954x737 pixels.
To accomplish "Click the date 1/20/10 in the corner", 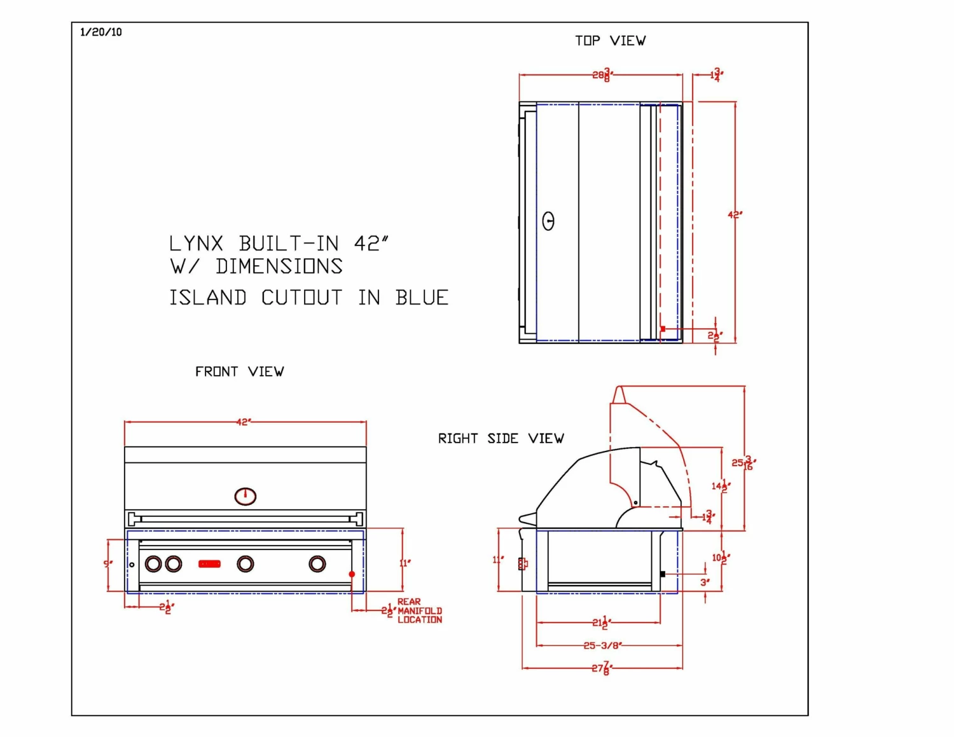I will (x=101, y=32).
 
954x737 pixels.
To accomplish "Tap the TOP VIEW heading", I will (x=610, y=41).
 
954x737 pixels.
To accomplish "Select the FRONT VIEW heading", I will (x=239, y=371).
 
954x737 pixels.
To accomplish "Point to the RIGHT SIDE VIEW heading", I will (x=501, y=438).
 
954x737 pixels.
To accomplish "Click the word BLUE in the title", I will (x=422, y=298).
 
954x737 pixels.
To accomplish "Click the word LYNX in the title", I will (x=196, y=244).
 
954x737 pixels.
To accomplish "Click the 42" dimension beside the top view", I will (x=735, y=215).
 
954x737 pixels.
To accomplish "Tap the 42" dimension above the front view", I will (x=244, y=422).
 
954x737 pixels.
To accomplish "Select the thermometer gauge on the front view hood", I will (x=245, y=496).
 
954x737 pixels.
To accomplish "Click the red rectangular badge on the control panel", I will (x=209, y=563).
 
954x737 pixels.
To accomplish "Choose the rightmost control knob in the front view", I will (x=317, y=563).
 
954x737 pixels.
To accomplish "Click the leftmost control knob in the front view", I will (x=153, y=563).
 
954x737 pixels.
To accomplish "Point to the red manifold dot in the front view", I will (x=352, y=574).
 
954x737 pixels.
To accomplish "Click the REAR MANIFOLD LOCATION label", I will (x=419, y=610).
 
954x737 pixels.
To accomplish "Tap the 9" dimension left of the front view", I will (x=108, y=563).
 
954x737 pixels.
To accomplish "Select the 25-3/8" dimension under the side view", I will (x=602, y=645).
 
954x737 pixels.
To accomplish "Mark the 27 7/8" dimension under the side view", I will (x=601, y=668).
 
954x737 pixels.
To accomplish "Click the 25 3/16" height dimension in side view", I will (x=743, y=463).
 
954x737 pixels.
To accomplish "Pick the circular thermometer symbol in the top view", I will (x=548, y=221).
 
